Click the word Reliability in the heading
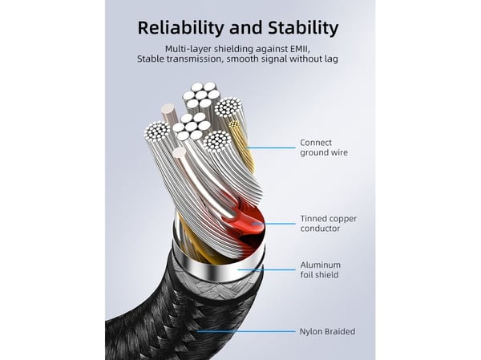[x=181, y=28]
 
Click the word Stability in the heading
[x=303, y=27]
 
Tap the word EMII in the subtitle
[x=301, y=49]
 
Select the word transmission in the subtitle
[x=193, y=59]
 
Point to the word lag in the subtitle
[x=332, y=59]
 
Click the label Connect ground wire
[x=324, y=148]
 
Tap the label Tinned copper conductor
[x=328, y=224]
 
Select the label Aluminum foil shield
[x=320, y=269]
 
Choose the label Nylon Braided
[x=327, y=331]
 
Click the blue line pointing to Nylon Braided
[x=246, y=331]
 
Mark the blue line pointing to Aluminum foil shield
[x=266, y=270]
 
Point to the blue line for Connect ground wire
[x=271, y=148]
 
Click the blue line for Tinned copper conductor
[x=273, y=224]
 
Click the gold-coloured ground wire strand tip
[x=234, y=124]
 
